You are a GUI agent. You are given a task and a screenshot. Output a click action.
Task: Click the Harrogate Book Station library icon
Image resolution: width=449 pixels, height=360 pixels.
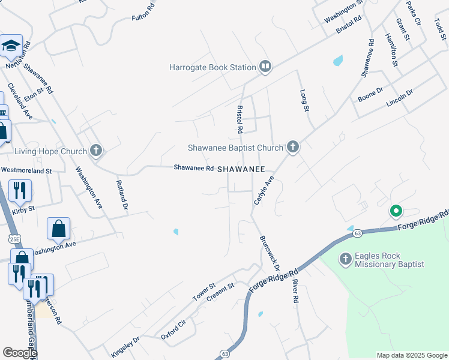265,67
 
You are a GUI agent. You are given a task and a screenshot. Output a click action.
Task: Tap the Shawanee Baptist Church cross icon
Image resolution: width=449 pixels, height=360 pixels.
292,146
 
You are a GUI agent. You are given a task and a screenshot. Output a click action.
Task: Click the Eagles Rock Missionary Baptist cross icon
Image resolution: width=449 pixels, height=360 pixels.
345,259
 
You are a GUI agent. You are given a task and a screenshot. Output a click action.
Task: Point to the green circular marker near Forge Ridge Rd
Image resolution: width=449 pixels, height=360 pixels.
396,211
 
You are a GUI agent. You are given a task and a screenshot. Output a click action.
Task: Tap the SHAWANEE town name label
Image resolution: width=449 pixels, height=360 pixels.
241,169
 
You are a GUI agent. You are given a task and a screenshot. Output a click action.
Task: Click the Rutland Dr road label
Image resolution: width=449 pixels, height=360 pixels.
122,196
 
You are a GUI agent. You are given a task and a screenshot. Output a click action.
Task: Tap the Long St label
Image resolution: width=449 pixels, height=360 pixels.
304,100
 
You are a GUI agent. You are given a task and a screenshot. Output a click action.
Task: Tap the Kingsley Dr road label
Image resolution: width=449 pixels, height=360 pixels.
125,347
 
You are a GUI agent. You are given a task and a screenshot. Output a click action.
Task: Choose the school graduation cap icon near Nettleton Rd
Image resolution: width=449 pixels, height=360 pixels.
11,46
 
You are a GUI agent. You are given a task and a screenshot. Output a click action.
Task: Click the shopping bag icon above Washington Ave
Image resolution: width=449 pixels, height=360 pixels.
58,228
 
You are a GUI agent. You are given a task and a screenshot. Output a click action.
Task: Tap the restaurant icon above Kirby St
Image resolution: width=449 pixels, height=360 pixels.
20,191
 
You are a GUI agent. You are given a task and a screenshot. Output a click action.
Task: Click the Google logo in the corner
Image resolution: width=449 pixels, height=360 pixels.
20,353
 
